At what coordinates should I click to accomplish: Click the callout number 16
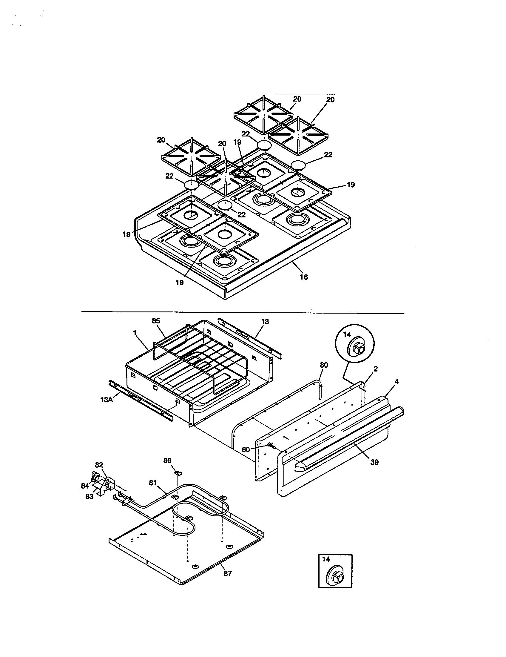304,277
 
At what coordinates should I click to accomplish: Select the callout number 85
156,321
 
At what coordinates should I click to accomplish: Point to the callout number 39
374,462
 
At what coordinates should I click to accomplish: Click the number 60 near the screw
246,449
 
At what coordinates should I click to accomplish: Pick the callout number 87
228,574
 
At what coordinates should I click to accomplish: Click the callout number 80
324,365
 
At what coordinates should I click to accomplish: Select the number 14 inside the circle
347,334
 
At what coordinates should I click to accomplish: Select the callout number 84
85,486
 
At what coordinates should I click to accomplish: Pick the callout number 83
89,497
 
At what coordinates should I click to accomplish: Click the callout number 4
396,382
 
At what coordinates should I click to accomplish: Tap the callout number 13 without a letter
265,322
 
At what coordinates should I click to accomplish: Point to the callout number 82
99,465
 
